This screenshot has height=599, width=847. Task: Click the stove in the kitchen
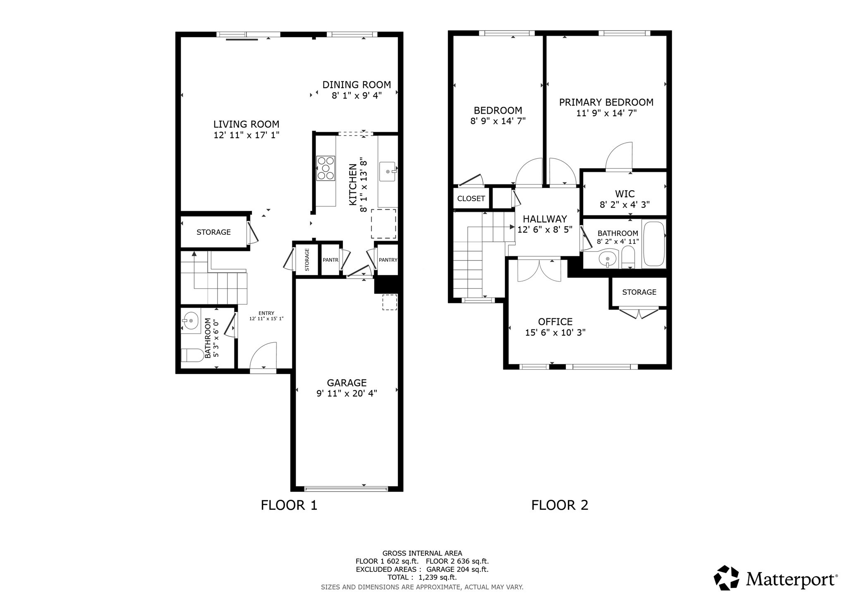coord(325,168)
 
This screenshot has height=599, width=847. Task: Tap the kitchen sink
coord(388,172)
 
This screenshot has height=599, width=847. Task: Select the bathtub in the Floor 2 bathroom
coord(654,244)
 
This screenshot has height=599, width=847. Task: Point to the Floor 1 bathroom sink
coord(191,320)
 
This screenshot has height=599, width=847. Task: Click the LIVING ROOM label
coord(246,124)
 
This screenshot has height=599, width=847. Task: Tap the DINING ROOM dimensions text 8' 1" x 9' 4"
coord(357,95)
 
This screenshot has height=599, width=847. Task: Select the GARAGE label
coord(347,383)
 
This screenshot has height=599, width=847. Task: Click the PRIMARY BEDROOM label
coord(606,102)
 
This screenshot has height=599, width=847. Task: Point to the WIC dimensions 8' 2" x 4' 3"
coord(624,205)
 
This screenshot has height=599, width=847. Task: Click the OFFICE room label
coord(555,322)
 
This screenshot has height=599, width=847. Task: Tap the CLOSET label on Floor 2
coord(471,198)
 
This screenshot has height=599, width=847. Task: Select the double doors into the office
coord(539,271)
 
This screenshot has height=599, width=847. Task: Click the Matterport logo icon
coord(727,578)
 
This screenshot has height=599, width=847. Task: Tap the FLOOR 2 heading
coord(559,505)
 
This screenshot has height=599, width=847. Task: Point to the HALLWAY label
coord(544,219)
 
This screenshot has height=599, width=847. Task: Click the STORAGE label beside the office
coord(639,292)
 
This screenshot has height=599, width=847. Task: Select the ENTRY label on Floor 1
coord(266,313)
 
